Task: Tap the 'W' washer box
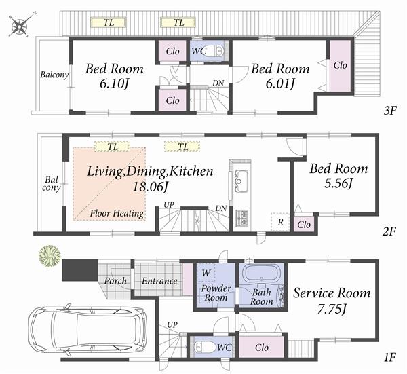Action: click(x=206, y=273)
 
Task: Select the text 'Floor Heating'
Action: click(x=117, y=213)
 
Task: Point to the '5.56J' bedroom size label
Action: click(x=339, y=185)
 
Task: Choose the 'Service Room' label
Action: click(x=332, y=293)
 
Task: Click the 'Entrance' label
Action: click(x=159, y=281)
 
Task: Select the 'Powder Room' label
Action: click(x=216, y=293)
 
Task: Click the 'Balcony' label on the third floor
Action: click(x=54, y=75)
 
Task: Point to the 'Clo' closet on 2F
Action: click(x=304, y=224)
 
